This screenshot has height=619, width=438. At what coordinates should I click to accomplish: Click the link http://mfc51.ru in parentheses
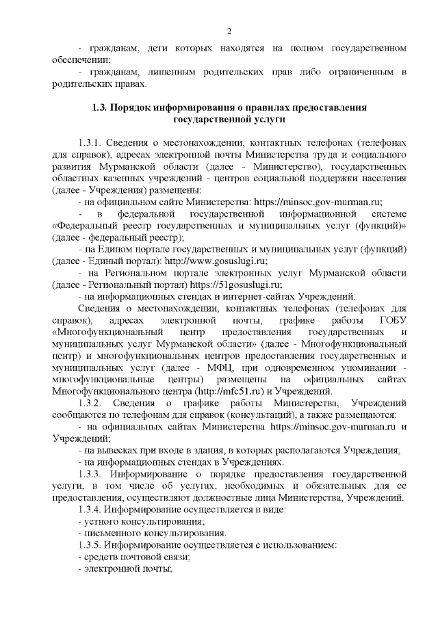[x=239, y=391]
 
